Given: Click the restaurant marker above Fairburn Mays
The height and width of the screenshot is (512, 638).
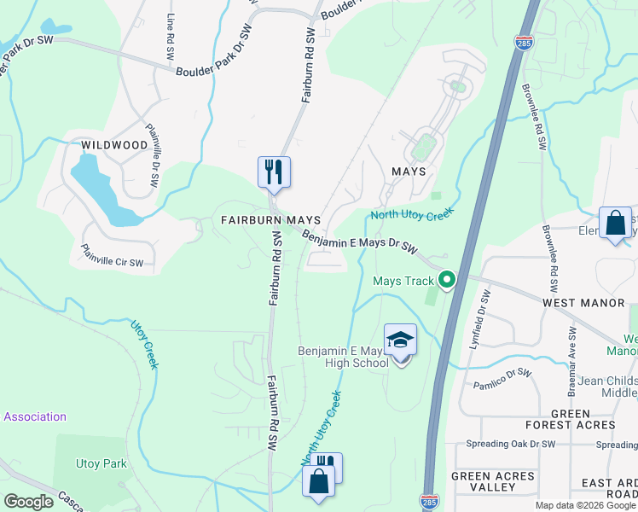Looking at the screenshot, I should coord(274,172).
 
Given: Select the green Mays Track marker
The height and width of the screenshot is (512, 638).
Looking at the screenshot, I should coord(445,280).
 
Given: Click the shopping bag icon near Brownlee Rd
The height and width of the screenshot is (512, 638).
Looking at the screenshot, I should coord(615,224).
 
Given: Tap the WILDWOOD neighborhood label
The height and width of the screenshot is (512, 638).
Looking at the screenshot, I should coord(114,145).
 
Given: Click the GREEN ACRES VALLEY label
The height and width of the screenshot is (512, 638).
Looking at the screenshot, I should coord(492,481).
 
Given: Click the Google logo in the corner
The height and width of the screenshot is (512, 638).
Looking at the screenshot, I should coord(28,502).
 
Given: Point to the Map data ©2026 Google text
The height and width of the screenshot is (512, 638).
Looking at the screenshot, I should coord(585,505).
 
